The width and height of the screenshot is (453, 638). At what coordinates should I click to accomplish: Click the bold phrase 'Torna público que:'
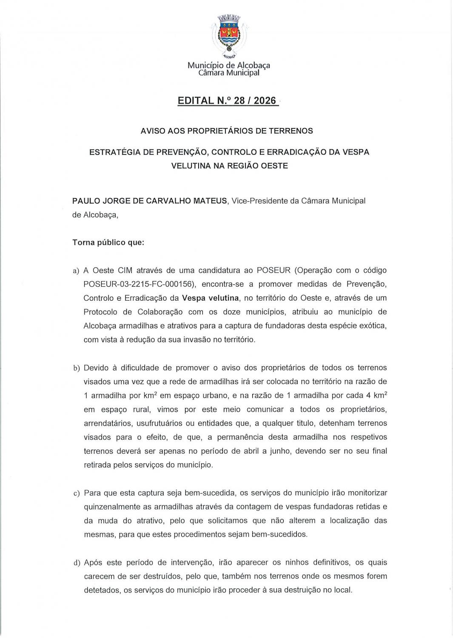tap(108, 243)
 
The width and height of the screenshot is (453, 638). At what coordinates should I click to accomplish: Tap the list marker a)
tap(76, 271)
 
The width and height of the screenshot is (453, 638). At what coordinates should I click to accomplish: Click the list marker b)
tap(77, 368)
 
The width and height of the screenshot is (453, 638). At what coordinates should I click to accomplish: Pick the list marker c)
tap(77, 493)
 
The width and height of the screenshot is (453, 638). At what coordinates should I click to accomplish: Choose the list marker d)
tap(77, 563)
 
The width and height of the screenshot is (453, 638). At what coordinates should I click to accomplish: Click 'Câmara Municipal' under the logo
tap(229, 73)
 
